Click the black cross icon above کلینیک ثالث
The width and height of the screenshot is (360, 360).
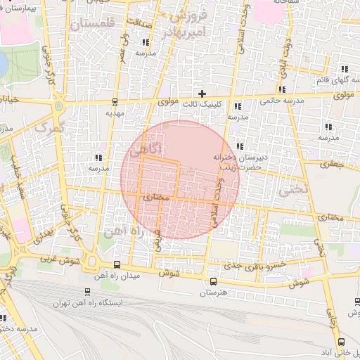(202, 93)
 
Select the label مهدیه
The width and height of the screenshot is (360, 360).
(114, 112)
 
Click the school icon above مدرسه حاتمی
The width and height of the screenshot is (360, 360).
(282, 89)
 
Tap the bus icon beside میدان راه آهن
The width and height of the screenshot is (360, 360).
(116, 265)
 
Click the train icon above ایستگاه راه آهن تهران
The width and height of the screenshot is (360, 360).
(86, 292)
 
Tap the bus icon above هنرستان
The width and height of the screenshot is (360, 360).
(213, 282)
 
